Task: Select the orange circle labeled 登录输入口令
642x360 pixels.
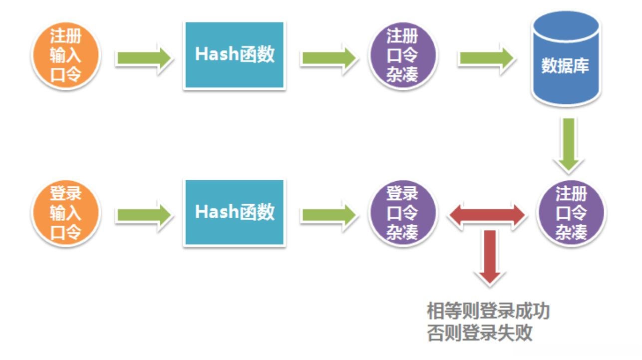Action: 66,213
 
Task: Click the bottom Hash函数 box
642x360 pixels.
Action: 235,213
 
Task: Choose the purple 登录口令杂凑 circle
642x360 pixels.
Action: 402,213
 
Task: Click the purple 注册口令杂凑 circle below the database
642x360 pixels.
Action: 571,213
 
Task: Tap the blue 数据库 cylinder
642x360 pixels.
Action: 565,60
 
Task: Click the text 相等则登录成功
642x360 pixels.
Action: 488,311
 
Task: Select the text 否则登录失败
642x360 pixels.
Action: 479,333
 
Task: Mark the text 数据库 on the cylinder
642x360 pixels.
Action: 565,66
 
